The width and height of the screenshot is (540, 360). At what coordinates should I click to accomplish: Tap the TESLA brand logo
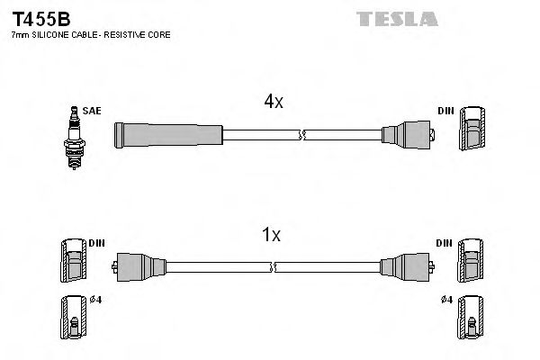pyautogui.click(x=396, y=18)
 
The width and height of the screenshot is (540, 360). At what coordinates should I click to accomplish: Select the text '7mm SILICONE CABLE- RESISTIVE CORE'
pyautogui.click(x=90, y=34)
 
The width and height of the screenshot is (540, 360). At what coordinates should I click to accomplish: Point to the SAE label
pyautogui.click(x=92, y=111)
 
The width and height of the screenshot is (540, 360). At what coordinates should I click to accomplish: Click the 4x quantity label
pyautogui.click(x=274, y=103)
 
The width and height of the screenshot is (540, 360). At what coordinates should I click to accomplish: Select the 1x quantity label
pyautogui.click(x=271, y=236)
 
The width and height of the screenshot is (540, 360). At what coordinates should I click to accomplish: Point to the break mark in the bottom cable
pyautogui.click(x=273, y=267)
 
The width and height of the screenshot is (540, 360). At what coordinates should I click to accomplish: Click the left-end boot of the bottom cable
pyautogui.click(x=140, y=267)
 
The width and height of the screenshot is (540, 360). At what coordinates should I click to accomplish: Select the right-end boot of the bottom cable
pyautogui.click(x=406, y=267)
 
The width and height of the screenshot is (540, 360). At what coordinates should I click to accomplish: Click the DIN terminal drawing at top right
pyautogui.click(x=473, y=131)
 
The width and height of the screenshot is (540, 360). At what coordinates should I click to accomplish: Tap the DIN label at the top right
pyautogui.click(x=445, y=111)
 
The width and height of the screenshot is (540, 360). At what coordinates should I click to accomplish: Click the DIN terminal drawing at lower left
pyautogui.click(x=72, y=262)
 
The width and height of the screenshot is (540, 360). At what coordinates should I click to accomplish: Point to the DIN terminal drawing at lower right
pyautogui.click(x=472, y=262)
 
